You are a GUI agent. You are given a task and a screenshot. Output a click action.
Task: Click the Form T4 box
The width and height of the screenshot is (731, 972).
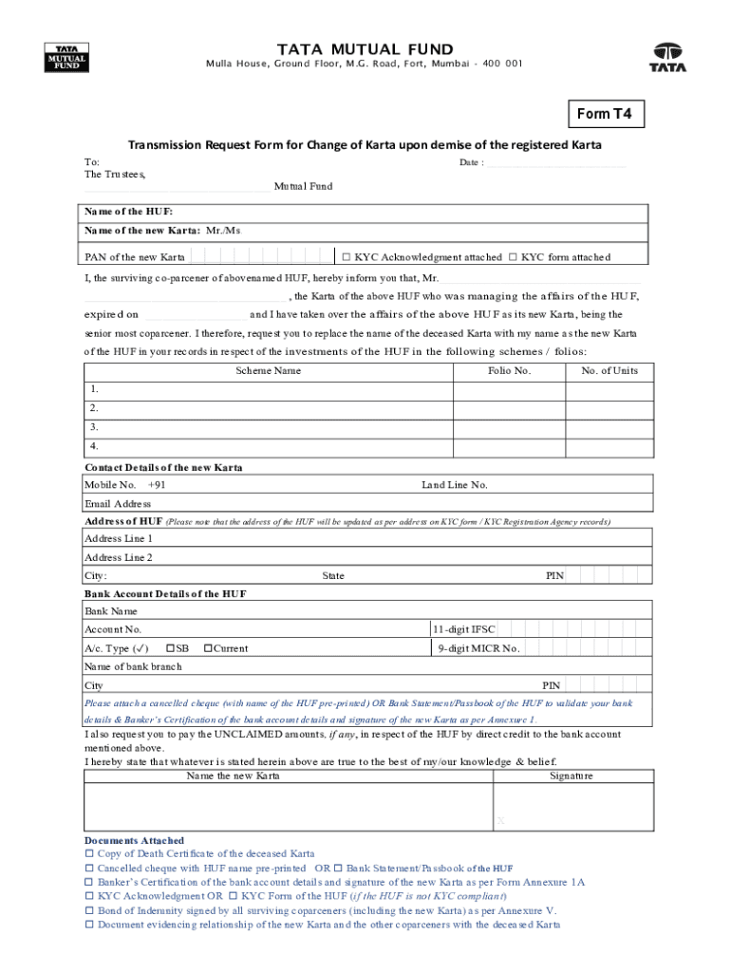(x=605, y=115)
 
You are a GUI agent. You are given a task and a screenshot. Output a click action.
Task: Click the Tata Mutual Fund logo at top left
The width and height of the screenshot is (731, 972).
(x=66, y=58)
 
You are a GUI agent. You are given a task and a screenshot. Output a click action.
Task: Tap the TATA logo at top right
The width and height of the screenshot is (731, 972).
(x=667, y=58)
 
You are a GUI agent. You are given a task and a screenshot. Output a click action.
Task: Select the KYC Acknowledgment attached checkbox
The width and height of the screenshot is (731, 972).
(x=347, y=257)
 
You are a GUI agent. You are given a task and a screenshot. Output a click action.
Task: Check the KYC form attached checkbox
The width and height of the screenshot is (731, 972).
(x=513, y=257)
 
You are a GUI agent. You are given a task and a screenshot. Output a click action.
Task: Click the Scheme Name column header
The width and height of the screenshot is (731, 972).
(x=268, y=371)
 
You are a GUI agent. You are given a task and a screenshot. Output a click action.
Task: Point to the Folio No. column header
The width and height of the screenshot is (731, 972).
(x=509, y=371)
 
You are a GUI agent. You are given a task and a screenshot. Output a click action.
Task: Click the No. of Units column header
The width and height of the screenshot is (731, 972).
(x=609, y=371)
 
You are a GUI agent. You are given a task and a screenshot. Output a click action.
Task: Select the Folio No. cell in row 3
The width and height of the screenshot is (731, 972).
(x=509, y=427)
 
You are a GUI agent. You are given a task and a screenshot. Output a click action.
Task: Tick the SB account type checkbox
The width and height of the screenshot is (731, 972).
(x=171, y=649)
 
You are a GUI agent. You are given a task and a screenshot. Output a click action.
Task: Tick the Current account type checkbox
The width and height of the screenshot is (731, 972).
(x=207, y=649)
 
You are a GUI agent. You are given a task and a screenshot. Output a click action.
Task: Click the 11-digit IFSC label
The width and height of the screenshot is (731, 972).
(x=464, y=629)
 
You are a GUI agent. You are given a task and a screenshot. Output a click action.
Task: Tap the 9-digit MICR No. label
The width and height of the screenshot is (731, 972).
(x=478, y=649)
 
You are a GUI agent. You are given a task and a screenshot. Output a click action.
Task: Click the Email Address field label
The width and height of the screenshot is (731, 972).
(x=118, y=504)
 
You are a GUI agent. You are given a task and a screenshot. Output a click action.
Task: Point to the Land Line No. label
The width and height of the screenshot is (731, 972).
(x=455, y=485)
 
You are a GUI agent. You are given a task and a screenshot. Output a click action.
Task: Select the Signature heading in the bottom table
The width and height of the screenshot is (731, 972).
(x=572, y=776)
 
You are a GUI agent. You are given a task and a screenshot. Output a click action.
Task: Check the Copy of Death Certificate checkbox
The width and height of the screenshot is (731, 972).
(x=90, y=854)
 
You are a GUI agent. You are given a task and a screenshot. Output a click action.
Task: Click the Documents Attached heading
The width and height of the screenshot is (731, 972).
(x=134, y=841)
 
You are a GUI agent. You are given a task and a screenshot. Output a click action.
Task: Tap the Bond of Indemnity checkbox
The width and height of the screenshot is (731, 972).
(x=90, y=910)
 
